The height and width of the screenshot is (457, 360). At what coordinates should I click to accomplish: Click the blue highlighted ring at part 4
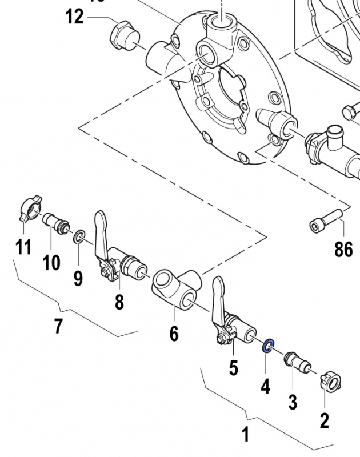tap(267, 346)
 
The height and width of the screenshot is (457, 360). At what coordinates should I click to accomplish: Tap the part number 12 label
tap(74, 17)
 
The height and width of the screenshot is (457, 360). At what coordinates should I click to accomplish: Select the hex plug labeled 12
tap(121, 39)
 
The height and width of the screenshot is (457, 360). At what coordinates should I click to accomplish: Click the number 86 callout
tap(343, 249)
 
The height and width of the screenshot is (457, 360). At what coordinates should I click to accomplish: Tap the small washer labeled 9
tap(79, 236)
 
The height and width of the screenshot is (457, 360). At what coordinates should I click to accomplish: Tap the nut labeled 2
tap(330, 380)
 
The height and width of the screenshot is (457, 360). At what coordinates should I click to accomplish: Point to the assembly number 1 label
tap(245, 435)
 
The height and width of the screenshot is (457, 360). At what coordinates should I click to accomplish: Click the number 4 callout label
tap(265, 387)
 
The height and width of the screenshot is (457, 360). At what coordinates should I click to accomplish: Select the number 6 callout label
tap(174, 333)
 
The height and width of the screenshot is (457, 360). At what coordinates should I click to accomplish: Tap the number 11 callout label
tap(23, 247)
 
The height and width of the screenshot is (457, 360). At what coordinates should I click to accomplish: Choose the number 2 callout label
tap(325, 421)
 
